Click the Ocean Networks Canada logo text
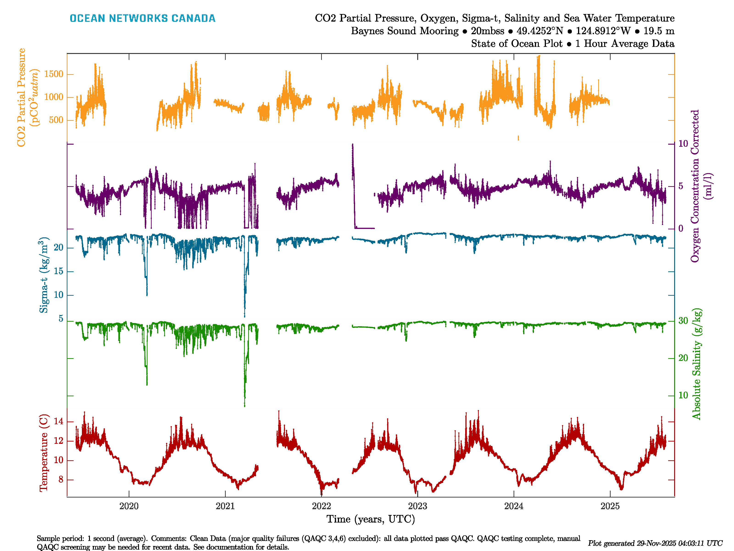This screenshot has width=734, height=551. [x=142, y=18]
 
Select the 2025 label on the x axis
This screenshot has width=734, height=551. [x=610, y=506]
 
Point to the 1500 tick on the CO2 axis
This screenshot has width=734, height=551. [x=53, y=74]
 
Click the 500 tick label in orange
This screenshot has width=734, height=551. [x=56, y=120]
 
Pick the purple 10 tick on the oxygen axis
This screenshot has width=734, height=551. [x=683, y=143]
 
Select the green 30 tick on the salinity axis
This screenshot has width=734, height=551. [x=683, y=321]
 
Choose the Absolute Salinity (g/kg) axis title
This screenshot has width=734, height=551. [x=697, y=364]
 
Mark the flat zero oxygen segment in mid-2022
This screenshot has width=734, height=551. [x=365, y=228]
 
